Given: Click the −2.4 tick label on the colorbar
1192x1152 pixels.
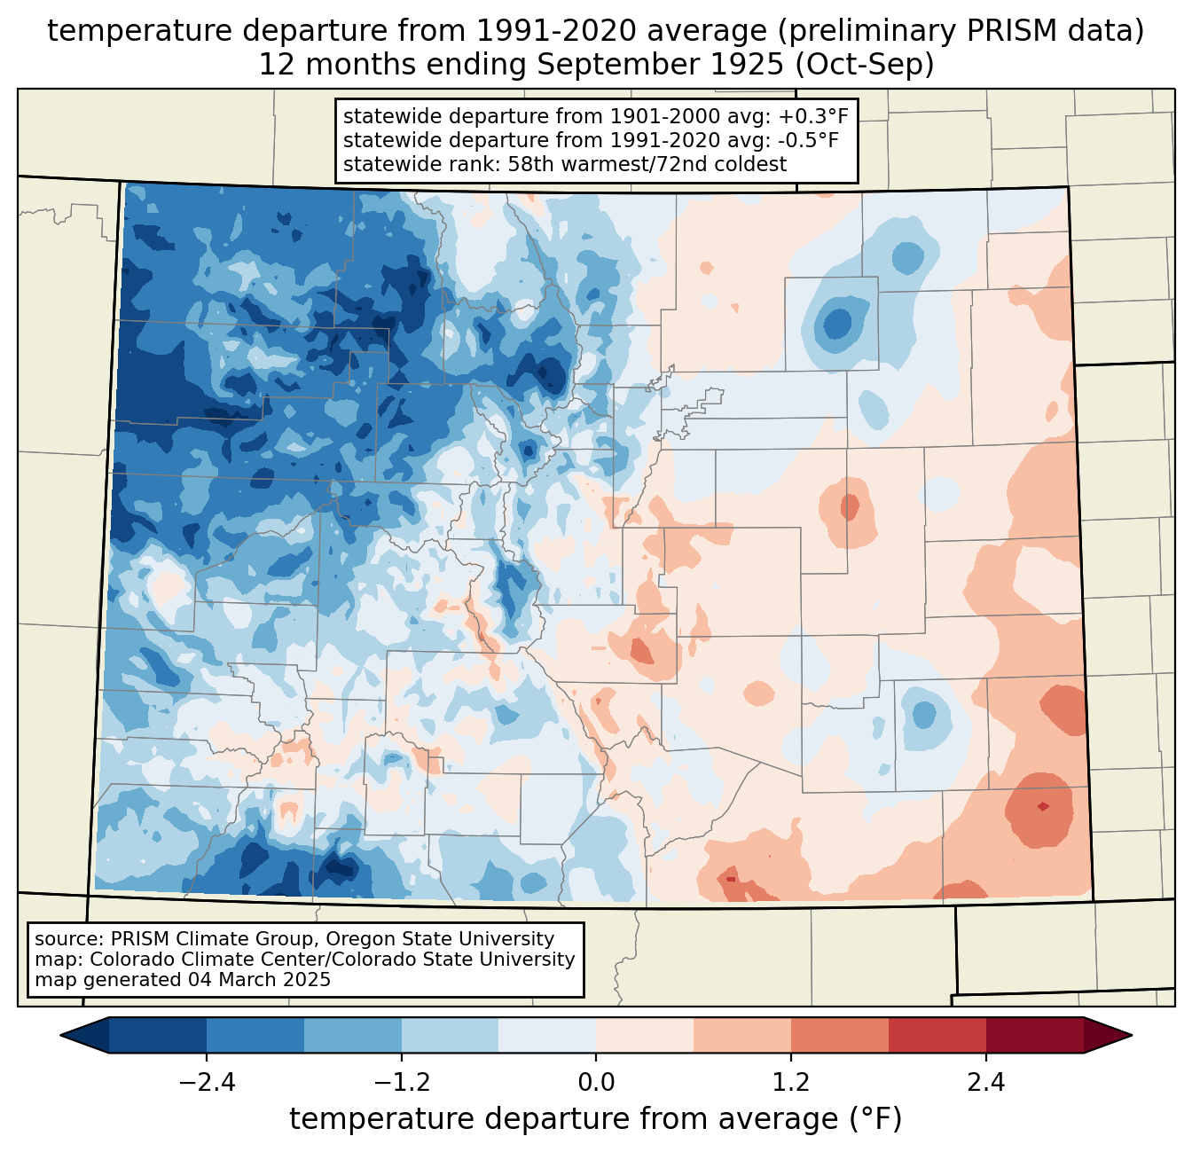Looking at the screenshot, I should [x=207, y=1083].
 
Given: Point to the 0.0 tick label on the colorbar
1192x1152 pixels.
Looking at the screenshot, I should [x=596, y=1083].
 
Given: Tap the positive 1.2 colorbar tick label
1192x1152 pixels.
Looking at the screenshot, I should [x=791, y=1083].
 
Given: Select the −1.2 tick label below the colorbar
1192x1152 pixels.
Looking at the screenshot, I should [x=401, y=1083].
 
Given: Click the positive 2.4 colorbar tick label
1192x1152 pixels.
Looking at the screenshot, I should [x=986, y=1083].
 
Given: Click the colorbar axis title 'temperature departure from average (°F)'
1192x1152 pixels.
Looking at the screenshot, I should [x=596, y=1119].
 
